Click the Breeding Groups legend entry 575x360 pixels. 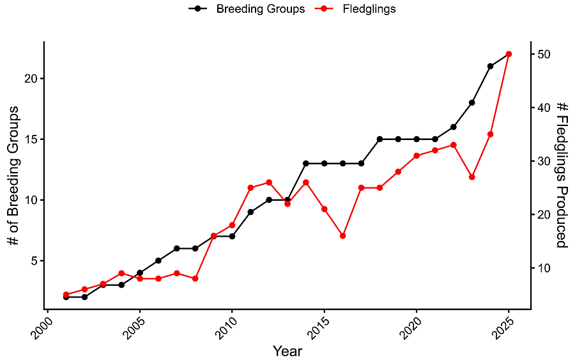(x=247, y=9)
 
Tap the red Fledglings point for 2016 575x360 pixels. (x=343, y=236)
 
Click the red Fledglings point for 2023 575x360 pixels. (x=471, y=176)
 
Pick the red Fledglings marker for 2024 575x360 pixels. (x=490, y=134)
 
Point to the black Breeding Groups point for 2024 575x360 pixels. (x=490, y=66)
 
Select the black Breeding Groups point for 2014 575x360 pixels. (x=306, y=163)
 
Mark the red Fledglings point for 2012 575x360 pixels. (x=269, y=182)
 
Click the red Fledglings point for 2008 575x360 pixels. (x=195, y=278)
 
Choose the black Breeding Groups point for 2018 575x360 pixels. (x=379, y=139)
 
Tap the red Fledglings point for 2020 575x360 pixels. (x=417, y=155)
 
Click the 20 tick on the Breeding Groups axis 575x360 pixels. (x=31, y=78)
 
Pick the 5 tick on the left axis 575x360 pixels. (x=34, y=260)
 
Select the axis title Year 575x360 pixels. (x=287, y=351)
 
